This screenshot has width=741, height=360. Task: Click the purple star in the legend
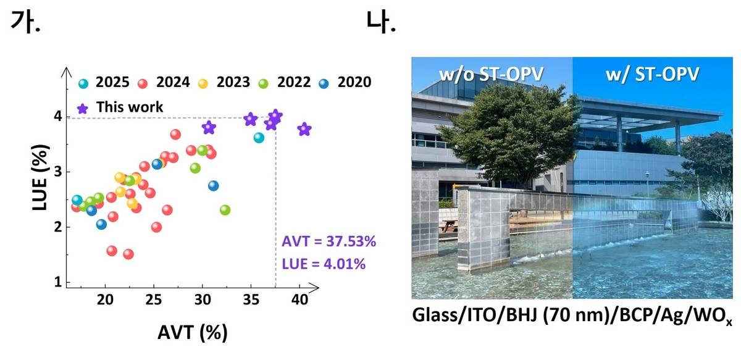point(83,108)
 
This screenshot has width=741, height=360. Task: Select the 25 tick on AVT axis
point(154,300)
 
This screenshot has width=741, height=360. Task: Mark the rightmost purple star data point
point(304,130)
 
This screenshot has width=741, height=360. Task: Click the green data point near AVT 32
point(225,210)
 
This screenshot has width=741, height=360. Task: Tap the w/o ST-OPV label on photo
point(492,75)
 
